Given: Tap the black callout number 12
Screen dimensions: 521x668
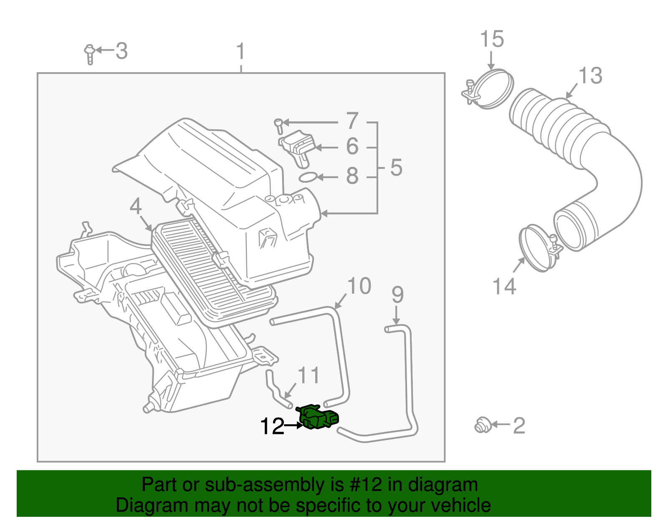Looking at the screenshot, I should click(x=272, y=426).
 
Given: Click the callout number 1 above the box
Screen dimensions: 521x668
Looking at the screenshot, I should click(x=240, y=52).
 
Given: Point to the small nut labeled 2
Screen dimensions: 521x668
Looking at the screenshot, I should click(x=482, y=425).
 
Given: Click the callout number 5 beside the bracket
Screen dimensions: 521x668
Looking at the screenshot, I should click(x=396, y=168).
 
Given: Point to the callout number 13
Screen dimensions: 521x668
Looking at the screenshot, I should click(x=590, y=76).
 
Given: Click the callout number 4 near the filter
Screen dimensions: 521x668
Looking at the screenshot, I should click(x=136, y=206).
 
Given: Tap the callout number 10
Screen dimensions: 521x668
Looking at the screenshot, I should click(x=359, y=286).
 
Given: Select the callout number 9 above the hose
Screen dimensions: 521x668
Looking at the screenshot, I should click(x=397, y=295).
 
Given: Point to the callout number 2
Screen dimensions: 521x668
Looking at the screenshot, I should click(x=519, y=426).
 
